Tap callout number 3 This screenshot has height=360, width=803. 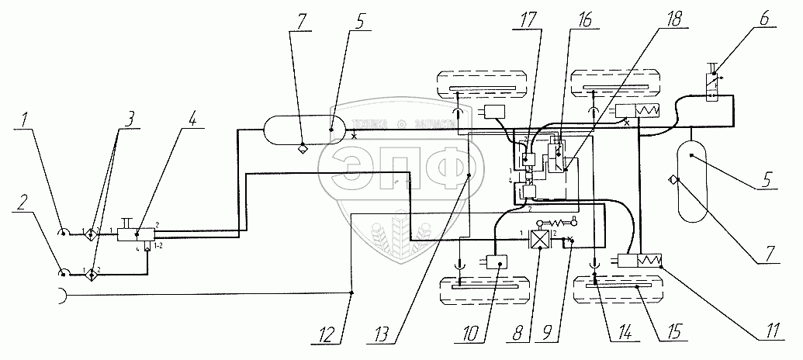click(x=131, y=119)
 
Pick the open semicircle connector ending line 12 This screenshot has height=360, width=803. click(x=59, y=295)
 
